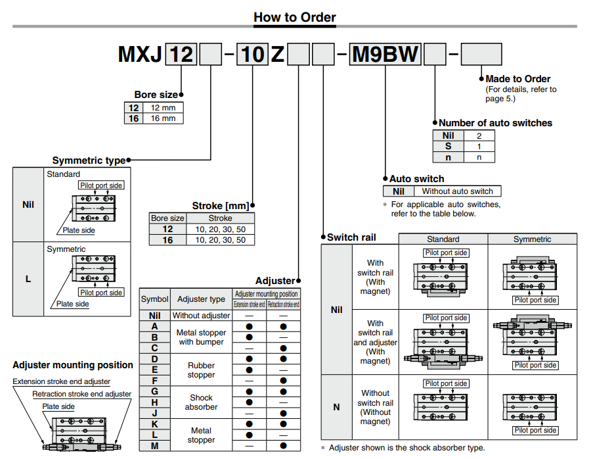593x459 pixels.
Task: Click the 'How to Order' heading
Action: click(x=295, y=17)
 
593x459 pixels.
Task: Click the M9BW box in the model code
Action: click(x=385, y=54)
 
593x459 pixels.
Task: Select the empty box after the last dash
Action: click(x=481, y=54)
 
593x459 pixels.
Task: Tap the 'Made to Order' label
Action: click(x=518, y=79)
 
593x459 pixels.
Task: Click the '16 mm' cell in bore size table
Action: click(x=163, y=118)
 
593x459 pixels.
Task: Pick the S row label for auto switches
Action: click(x=448, y=146)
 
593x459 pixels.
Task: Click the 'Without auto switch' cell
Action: click(x=457, y=191)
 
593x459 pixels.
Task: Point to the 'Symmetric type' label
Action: click(x=89, y=160)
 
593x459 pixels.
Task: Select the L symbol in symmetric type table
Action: click(x=28, y=279)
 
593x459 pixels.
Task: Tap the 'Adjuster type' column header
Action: click(x=201, y=299)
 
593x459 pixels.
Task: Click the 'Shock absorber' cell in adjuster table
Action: click(x=201, y=402)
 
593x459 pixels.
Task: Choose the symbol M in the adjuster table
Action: click(x=154, y=445)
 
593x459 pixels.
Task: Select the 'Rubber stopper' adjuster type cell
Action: click(x=201, y=370)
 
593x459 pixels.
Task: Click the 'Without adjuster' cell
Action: click(x=201, y=316)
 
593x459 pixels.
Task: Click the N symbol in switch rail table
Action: click(x=336, y=407)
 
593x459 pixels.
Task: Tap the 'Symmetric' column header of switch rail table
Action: click(x=532, y=239)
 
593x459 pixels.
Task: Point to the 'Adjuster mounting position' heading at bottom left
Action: click(x=73, y=365)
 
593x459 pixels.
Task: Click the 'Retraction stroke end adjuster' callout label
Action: click(x=82, y=394)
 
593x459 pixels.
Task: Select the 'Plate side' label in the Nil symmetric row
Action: click(x=79, y=230)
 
